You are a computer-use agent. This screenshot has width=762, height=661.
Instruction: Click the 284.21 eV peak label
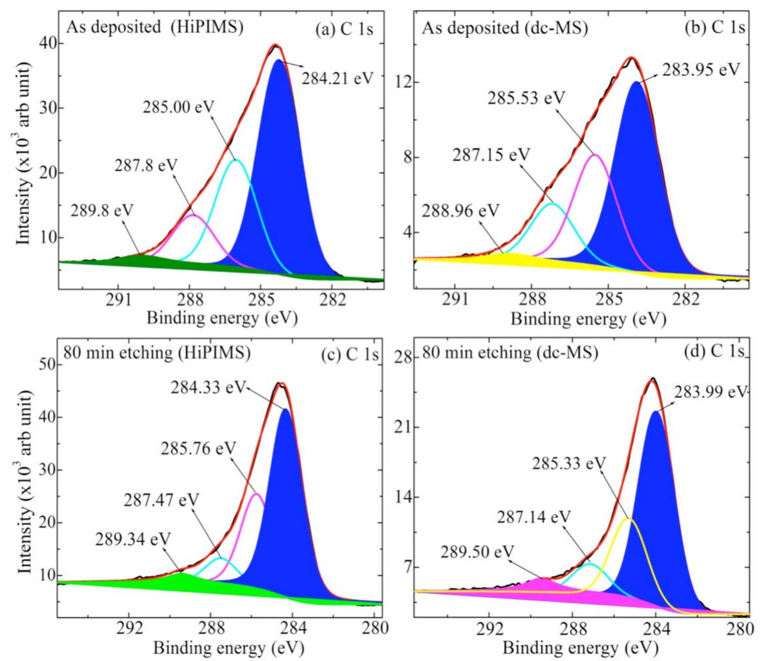(x=338, y=78)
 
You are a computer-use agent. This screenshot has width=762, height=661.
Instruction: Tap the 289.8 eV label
(x=102, y=210)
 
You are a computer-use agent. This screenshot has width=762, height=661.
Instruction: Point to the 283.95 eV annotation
(x=700, y=70)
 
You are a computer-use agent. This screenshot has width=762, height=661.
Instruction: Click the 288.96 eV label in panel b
(x=460, y=211)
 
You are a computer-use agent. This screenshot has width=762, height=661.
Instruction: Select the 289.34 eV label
(x=133, y=539)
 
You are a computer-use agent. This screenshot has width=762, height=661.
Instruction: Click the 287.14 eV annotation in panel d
(x=534, y=517)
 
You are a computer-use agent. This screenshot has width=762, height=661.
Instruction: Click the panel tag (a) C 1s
(x=344, y=29)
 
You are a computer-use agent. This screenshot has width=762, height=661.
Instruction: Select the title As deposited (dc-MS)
(x=505, y=28)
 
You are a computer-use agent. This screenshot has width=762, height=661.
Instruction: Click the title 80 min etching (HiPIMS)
(x=157, y=353)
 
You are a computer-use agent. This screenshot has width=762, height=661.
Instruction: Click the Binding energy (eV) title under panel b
(x=588, y=319)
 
